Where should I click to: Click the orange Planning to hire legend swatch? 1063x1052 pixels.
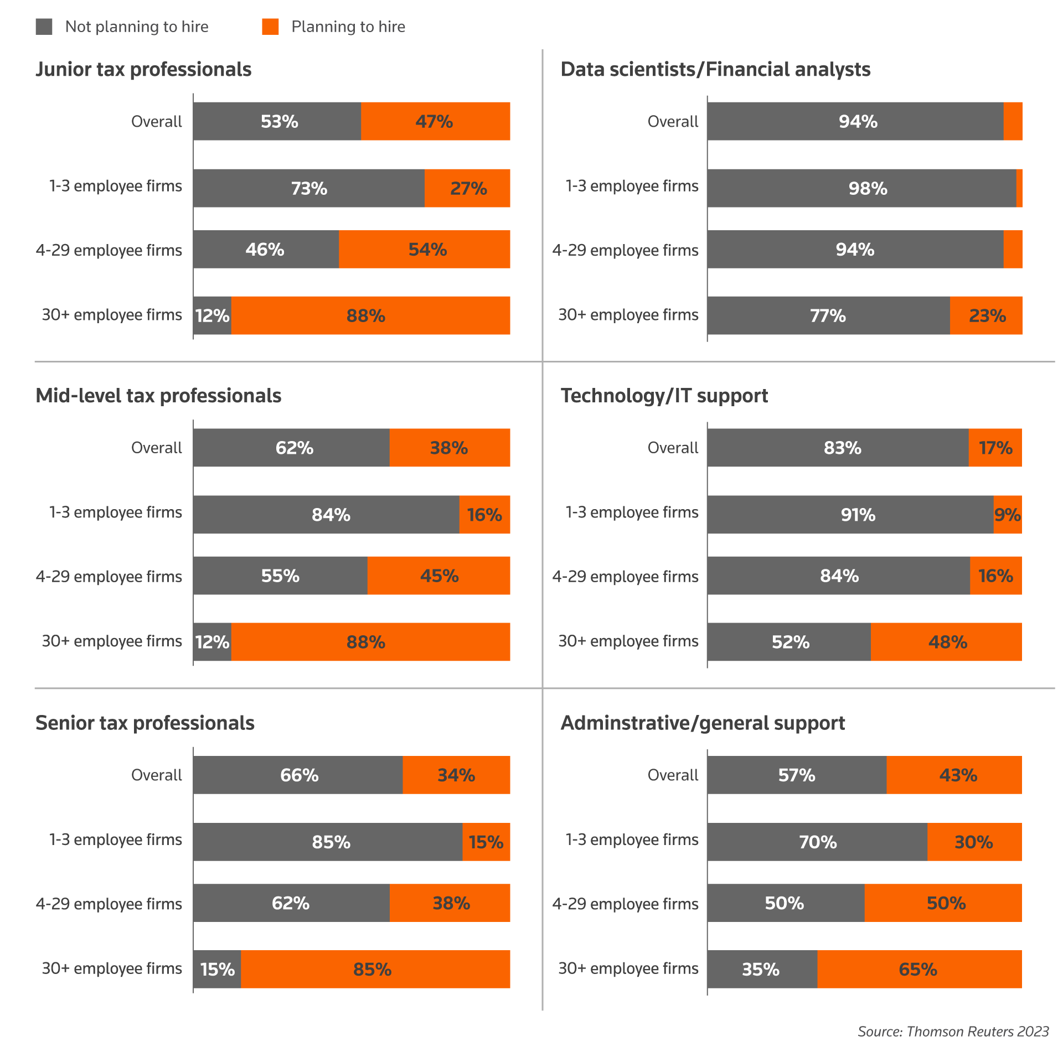coord(270,27)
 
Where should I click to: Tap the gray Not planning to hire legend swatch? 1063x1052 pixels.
coord(44,27)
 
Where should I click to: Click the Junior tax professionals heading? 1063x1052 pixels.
coord(143,70)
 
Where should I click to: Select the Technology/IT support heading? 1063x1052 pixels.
coord(664,396)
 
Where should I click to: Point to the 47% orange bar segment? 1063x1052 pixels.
coord(435,121)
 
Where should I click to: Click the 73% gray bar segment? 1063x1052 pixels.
coord(309,188)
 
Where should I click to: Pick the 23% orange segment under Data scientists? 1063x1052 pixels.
coord(986,315)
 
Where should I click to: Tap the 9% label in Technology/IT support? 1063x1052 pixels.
coord(1007,515)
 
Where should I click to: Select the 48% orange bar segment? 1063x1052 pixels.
coord(946,642)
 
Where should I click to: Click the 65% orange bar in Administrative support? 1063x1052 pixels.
coord(919,969)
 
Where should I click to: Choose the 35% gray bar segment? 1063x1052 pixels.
coord(762,969)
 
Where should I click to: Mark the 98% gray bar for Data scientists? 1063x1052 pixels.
coord(861,188)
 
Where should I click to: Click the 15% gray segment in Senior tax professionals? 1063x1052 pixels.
coord(217,969)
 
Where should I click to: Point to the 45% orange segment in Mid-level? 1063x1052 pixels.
coord(438,576)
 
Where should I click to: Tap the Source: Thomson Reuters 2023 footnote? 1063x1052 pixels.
coord(953,1032)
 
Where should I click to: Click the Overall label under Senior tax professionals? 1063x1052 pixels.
coord(157,775)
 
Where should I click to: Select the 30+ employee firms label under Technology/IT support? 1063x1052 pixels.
coord(628,641)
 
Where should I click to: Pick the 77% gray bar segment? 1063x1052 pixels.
coord(828,315)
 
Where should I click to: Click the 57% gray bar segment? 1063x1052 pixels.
coord(797,775)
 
